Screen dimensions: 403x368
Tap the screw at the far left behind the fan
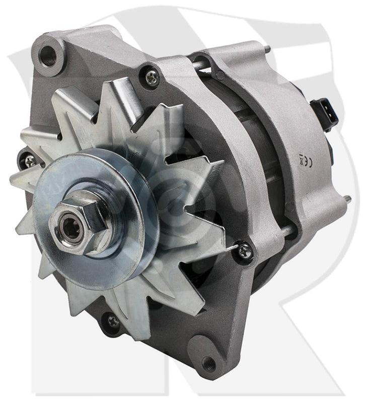coord(30,161)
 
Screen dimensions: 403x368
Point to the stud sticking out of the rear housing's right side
coord(346,198)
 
